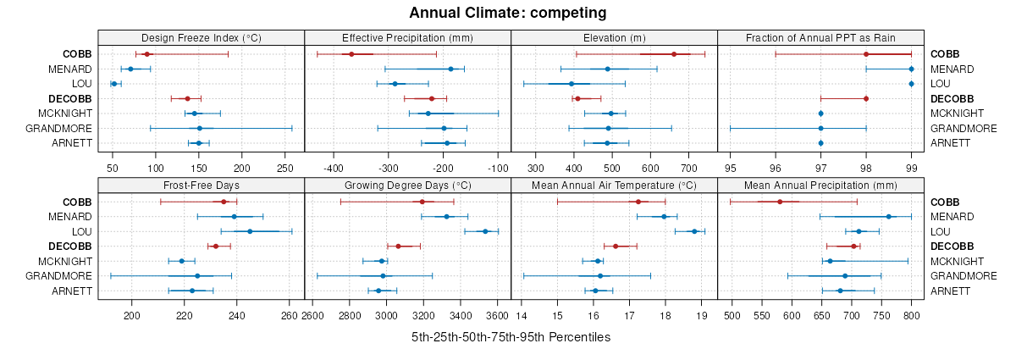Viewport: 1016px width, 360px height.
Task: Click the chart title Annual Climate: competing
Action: [x=507, y=13]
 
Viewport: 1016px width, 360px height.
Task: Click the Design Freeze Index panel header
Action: [x=201, y=37]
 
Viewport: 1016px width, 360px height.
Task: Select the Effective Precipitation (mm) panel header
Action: [x=407, y=37]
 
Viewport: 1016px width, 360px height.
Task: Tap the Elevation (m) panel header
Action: [x=614, y=37]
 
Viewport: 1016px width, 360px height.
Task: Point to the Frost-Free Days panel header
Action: [x=201, y=185]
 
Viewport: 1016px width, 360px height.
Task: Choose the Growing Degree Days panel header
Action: [x=407, y=185]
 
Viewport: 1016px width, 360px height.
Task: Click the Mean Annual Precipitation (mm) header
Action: [x=820, y=185]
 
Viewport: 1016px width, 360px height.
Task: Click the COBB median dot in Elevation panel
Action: [x=674, y=54]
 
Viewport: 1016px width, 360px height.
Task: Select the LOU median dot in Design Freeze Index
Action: [x=113, y=84]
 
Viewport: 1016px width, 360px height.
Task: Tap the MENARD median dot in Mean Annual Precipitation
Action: [x=888, y=217]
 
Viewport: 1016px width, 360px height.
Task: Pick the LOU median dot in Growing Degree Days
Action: [x=485, y=231]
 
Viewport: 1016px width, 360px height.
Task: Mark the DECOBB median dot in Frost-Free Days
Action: [x=216, y=246]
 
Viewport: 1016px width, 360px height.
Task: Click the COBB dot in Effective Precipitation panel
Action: [x=351, y=54]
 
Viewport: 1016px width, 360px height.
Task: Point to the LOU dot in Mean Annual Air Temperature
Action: [x=694, y=231]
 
